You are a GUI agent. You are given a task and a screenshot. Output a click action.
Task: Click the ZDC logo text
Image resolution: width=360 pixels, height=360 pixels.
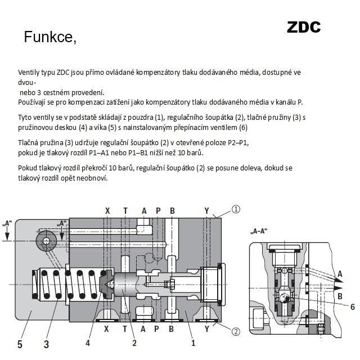click(304, 28)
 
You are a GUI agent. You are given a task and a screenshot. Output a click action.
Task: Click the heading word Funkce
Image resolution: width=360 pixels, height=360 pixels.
click(50, 37)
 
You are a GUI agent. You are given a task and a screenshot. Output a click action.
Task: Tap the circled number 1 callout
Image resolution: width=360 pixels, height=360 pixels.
click(236, 209)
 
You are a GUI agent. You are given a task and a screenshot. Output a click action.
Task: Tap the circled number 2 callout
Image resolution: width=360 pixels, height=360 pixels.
click(236, 331)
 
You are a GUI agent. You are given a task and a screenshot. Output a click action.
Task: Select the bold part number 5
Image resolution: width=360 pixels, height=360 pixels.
click(20, 344)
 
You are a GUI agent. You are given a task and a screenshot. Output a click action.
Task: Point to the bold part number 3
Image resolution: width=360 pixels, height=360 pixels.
click(46, 344)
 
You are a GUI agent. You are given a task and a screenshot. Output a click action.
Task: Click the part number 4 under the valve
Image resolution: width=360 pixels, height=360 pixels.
click(88, 343)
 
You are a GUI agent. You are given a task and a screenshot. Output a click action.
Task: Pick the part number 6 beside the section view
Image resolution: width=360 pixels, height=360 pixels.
click(353, 307)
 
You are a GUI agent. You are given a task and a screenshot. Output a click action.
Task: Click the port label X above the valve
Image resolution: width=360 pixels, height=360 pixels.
click(107, 211)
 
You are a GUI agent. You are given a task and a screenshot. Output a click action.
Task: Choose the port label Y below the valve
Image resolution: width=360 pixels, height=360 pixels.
click(207, 329)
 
